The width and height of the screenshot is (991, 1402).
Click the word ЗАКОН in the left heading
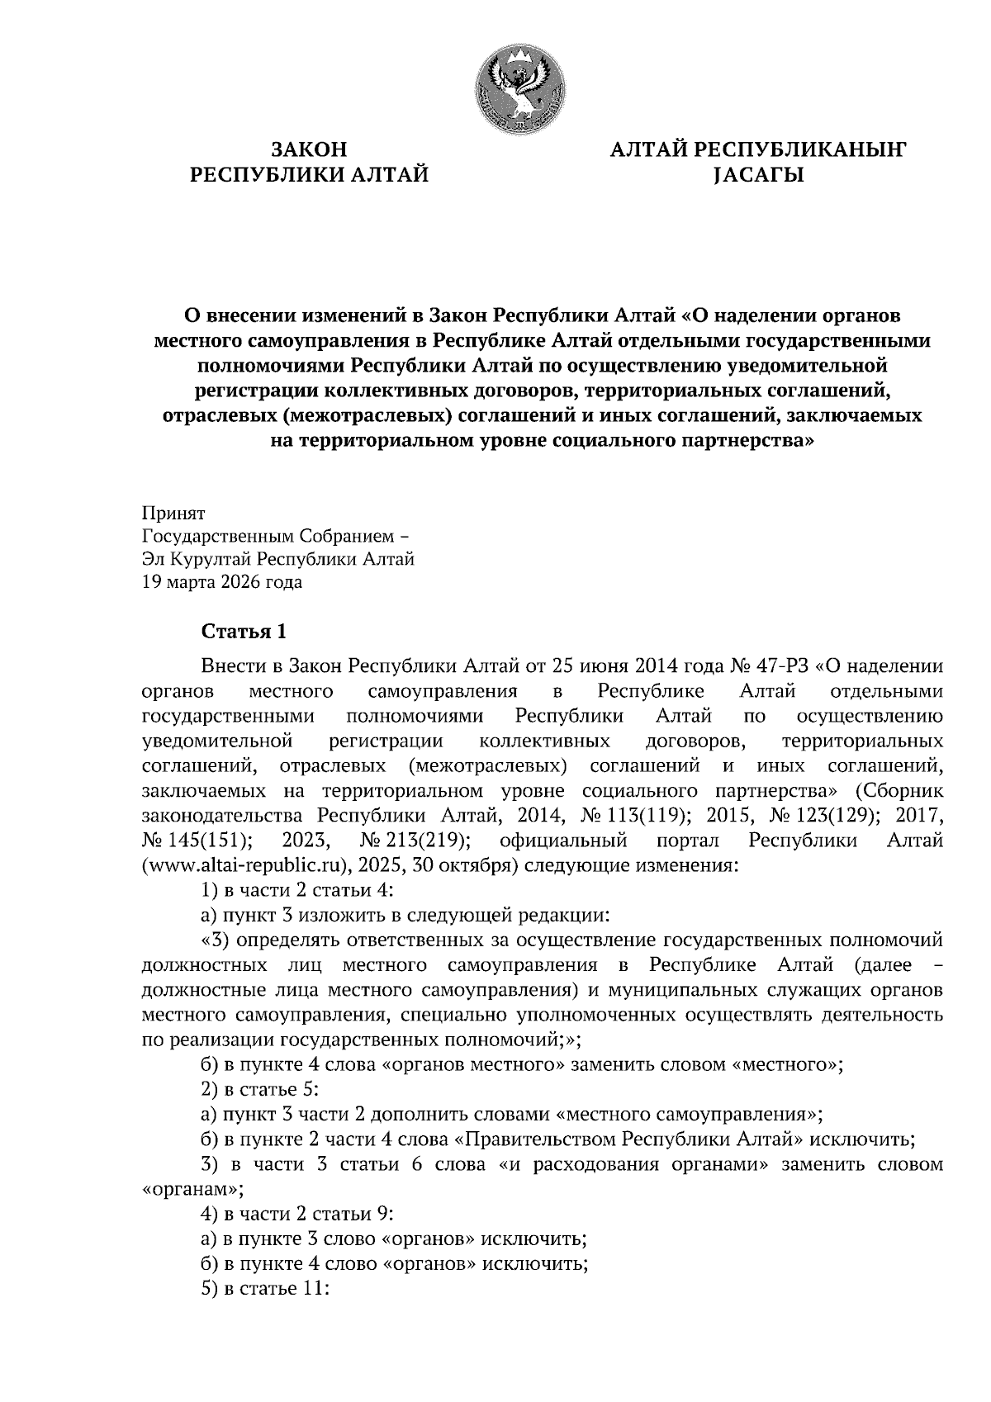tap(310, 149)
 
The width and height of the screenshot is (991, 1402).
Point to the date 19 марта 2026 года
tap(222, 582)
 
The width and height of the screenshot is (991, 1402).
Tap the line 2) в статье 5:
tap(260, 1089)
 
